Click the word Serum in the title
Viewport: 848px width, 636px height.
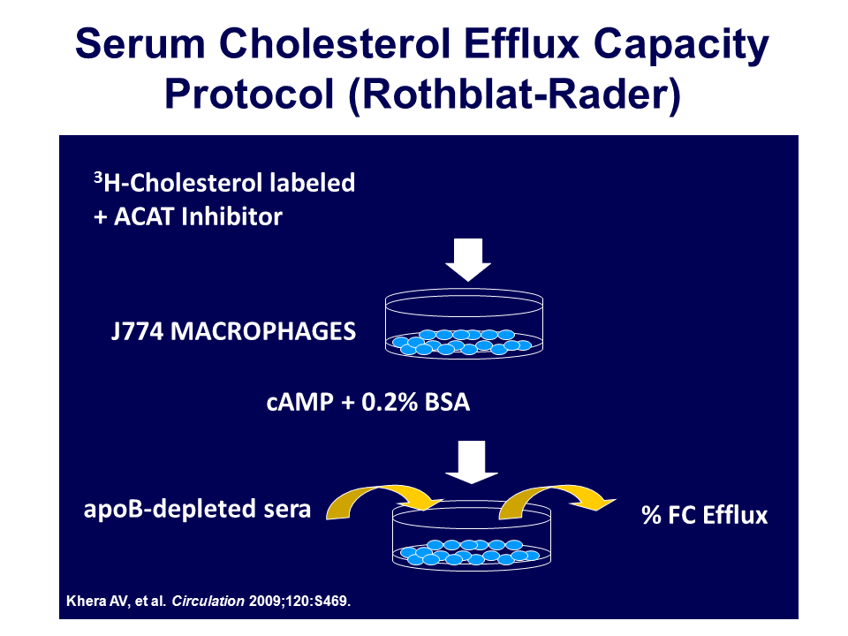(x=140, y=43)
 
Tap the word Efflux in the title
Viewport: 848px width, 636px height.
(x=521, y=43)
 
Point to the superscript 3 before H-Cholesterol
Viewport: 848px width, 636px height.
(x=98, y=177)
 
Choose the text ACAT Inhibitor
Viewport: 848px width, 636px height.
(x=198, y=216)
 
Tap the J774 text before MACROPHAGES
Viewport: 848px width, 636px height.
(x=138, y=331)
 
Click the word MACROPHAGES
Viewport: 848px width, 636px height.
(x=263, y=331)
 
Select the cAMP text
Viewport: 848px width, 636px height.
(x=300, y=403)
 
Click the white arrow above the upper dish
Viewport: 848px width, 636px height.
(x=468, y=260)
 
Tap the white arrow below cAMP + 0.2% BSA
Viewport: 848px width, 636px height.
(x=472, y=462)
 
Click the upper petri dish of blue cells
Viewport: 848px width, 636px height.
(x=464, y=323)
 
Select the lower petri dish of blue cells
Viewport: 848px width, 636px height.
(x=472, y=535)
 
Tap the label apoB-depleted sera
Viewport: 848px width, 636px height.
(x=197, y=510)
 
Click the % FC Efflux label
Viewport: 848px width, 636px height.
(x=705, y=515)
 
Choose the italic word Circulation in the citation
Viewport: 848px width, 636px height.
(x=208, y=601)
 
